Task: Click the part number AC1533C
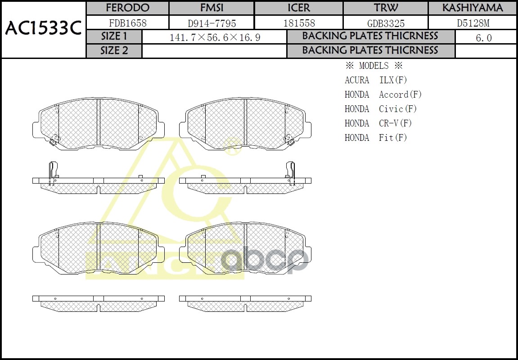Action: click(x=43, y=29)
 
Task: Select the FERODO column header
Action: click(x=127, y=8)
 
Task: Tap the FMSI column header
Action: click(x=211, y=8)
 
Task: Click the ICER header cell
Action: click(x=298, y=8)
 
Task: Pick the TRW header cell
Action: click(x=385, y=8)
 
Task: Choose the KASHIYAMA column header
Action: click(x=472, y=8)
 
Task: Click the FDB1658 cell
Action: click(x=127, y=23)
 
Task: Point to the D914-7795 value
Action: click(x=211, y=23)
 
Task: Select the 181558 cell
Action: click(x=298, y=23)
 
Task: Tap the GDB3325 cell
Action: click(x=385, y=23)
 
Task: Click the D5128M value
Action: click(x=472, y=23)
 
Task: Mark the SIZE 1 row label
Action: click(x=114, y=36)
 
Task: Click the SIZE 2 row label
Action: click(x=114, y=51)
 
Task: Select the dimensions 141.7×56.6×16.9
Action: click(x=214, y=37)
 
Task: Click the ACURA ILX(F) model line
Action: click(x=376, y=80)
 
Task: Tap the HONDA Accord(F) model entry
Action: click(x=383, y=94)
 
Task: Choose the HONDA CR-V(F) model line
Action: click(x=378, y=123)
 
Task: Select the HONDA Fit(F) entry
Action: click(x=376, y=138)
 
